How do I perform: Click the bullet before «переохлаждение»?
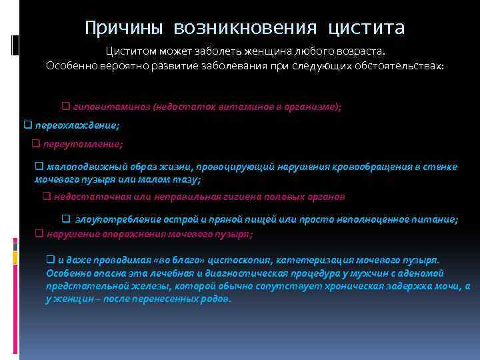(x=28, y=125)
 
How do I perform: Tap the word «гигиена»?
(x=243, y=197)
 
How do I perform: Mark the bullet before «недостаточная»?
(x=47, y=197)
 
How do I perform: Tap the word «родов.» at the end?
(x=217, y=299)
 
